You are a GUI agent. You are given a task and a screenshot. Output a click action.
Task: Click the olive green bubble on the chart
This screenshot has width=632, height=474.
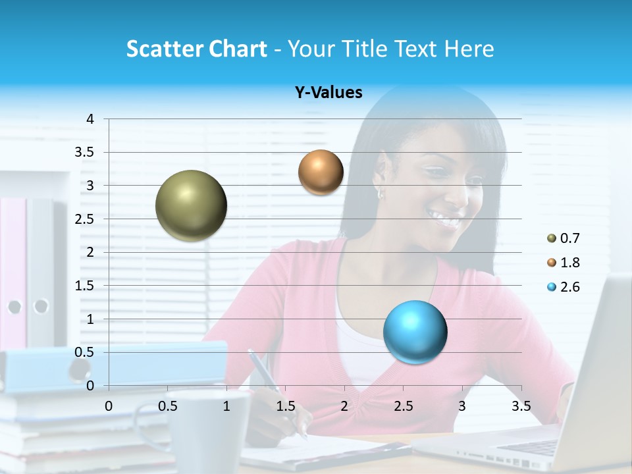point(191,205)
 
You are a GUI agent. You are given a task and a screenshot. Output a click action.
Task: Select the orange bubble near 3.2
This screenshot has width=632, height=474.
point(321,172)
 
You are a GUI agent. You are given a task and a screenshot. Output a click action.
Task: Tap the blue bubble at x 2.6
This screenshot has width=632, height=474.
point(415,331)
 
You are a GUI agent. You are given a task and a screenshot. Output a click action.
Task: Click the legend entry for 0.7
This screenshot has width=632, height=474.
point(564,238)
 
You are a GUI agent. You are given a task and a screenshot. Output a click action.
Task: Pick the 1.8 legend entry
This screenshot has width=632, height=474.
point(564,263)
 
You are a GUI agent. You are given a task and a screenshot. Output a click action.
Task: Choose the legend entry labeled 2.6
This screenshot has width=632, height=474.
point(564,287)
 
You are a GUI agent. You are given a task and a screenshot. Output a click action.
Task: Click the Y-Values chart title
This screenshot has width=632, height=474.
point(329,93)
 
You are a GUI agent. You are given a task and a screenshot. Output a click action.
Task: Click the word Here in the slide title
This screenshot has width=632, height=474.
point(469,49)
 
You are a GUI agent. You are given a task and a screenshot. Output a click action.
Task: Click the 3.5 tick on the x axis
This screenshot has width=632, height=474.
point(521,406)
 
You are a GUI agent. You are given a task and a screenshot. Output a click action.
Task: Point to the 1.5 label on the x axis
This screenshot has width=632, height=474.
point(285,406)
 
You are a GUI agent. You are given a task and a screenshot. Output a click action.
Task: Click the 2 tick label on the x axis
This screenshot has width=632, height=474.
point(344,406)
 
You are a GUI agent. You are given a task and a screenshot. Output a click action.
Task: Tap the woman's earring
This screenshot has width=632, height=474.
point(381,194)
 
